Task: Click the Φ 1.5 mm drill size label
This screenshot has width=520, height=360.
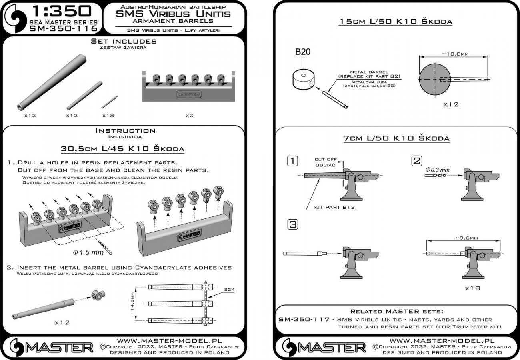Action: pos(88,252)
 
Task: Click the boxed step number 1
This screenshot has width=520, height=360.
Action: pos(293,161)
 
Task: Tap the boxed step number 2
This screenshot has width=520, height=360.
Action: pos(416,161)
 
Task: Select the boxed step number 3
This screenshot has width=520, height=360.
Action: pos(293,225)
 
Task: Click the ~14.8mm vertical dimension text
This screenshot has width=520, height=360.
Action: pos(138,303)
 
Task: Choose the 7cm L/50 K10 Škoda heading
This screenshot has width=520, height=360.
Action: pos(396,138)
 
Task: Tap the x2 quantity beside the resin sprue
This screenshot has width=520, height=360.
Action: pos(190,115)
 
